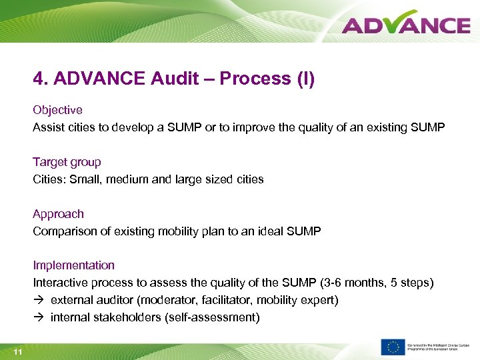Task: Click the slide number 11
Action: coord(17,351)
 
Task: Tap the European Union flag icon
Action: coord(393,347)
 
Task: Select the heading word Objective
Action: coord(58,109)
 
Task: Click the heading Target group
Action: coord(67,162)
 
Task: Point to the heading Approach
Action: coord(59,214)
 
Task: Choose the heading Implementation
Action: coord(74,265)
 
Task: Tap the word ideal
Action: coord(269,231)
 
